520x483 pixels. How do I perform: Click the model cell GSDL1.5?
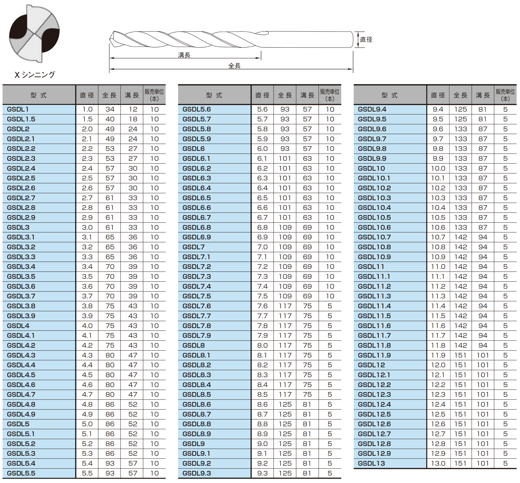pyautogui.click(x=21, y=119)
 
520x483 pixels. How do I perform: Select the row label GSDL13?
pyautogui.click(x=371, y=463)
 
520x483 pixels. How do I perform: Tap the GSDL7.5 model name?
pyautogui.click(x=197, y=296)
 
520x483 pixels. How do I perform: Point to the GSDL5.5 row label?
pyautogui.click(x=21, y=473)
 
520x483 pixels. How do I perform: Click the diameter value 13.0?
pyautogui.click(x=438, y=463)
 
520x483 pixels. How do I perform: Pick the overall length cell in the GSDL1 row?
pyautogui.click(x=110, y=109)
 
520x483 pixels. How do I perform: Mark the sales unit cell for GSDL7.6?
pyautogui.click(x=330, y=306)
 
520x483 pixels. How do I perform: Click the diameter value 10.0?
pyautogui.click(x=438, y=168)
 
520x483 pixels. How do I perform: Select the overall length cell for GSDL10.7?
pyautogui.click(x=461, y=237)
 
